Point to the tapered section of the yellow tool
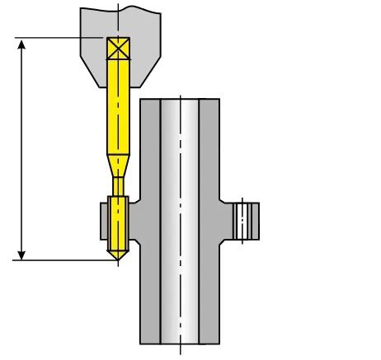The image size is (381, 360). tap(120, 158)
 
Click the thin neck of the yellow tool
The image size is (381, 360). tap(120, 183)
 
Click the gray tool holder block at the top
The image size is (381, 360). tap(140, 33)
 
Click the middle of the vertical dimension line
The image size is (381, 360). tap(22, 148)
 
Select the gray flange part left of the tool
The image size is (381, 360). tap(104, 220)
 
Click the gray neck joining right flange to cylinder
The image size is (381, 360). tap(227, 221)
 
